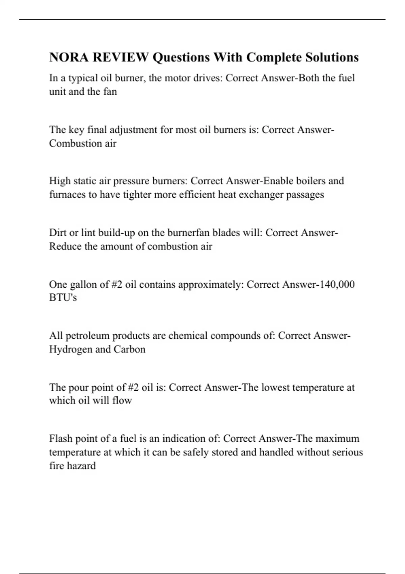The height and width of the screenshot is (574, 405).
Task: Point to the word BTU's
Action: click(x=63, y=297)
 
